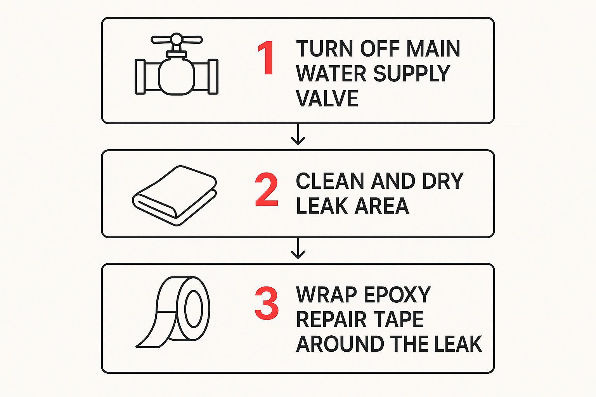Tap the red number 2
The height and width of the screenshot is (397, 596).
tap(266, 190)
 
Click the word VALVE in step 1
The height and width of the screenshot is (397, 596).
tap(327, 98)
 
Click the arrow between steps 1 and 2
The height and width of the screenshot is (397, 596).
tap(298, 134)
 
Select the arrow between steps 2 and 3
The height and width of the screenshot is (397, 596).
tap(298, 248)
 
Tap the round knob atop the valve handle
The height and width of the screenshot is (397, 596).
tap(177, 39)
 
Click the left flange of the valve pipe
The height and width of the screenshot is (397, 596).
tap(140, 77)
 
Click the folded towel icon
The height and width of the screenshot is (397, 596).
tap(175, 196)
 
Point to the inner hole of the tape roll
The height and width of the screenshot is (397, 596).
tap(194, 309)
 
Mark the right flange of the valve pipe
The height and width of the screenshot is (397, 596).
tap(213, 77)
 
